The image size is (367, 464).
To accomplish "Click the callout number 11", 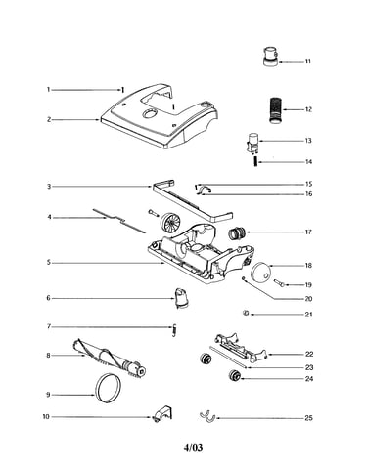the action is pos(307,62).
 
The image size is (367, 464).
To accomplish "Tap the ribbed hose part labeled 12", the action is pos(276,109).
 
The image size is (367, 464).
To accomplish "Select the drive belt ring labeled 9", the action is pos(107,388).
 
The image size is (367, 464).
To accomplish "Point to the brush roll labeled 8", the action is pos(109,359).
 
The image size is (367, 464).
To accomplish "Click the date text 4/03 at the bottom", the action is pos(193,448).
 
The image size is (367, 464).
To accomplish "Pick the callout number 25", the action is pos(308,418).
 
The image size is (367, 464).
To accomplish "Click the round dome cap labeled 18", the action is pos(260,273).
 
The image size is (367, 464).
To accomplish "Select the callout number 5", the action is pos(49,262).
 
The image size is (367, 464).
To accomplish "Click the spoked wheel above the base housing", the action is pos(168,222).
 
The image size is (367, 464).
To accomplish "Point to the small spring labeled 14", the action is pos(256,161).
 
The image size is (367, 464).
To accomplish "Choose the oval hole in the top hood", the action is pos(149,114).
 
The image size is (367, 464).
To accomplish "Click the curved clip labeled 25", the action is pos(206,416).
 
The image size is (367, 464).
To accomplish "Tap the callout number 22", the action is pos(309,354).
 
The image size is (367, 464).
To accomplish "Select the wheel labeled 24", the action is pos(234,375).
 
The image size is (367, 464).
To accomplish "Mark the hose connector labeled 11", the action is pos(271,57).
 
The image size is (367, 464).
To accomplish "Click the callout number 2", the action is pos(49,120).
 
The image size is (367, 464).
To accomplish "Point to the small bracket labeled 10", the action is pos(162,413).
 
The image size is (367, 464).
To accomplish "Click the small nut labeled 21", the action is pos(246,314).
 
